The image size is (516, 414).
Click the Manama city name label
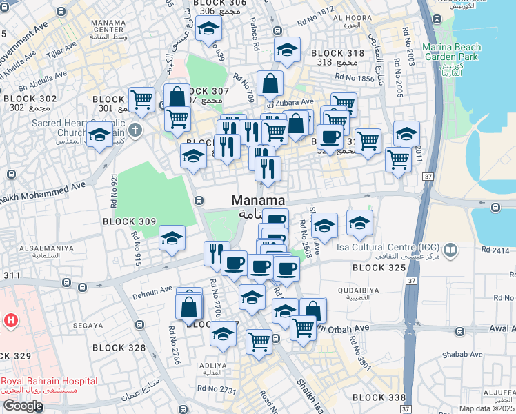[x=258, y=201]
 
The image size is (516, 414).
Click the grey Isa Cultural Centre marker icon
[x=450, y=248]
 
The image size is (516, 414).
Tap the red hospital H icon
[x=10, y=320]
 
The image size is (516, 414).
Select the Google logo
[x=23, y=406]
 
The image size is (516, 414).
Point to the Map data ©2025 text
[x=487, y=408]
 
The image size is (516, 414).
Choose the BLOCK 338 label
[x=378, y=397]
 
